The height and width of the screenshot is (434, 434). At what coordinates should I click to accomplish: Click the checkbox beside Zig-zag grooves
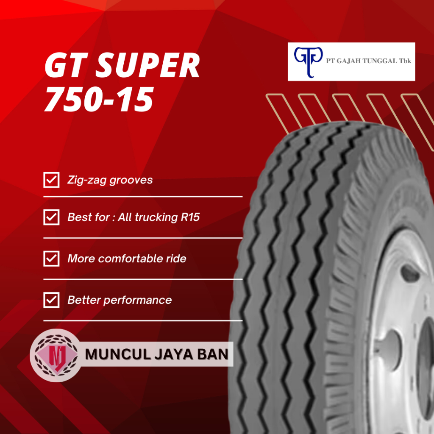pyautogui.click(x=51, y=180)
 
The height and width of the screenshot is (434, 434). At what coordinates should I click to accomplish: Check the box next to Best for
pyautogui.click(x=51, y=217)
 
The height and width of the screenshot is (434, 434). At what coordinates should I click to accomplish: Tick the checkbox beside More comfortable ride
pyautogui.click(x=51, y=259)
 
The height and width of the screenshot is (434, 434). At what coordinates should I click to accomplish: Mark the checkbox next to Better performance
pyautogui.click(x=51, y=300)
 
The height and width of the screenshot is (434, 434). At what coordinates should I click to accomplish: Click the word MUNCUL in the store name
pyautogui.click(x=111, y=354)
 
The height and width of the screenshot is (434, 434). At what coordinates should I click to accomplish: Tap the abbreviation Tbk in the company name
pyautogui.click(x=404, y=61)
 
